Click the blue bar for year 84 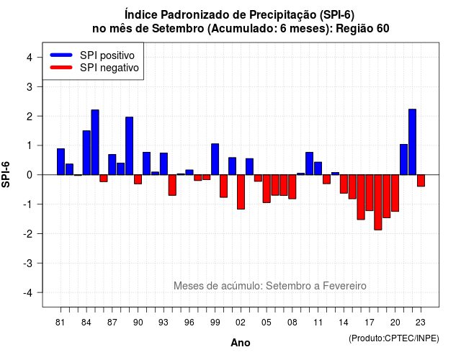(86, 153)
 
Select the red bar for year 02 (241, 192)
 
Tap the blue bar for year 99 (215, 159)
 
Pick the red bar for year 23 (421, 181)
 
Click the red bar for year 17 (370, 193)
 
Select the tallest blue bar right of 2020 (413, 142)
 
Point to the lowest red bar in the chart (378, 202)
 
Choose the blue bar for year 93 (164, 164)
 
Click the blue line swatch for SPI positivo (61, 55)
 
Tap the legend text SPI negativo (109, 68)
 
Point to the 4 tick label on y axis (30, 58)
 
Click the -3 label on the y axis (28, 263)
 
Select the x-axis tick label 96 (189, 323)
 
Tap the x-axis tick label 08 (292, 323)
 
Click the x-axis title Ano (241, 343)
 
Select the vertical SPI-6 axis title (6, 174)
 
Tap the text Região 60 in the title (362, 29)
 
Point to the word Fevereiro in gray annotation (344, 286)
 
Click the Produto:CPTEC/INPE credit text (394, 338)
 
